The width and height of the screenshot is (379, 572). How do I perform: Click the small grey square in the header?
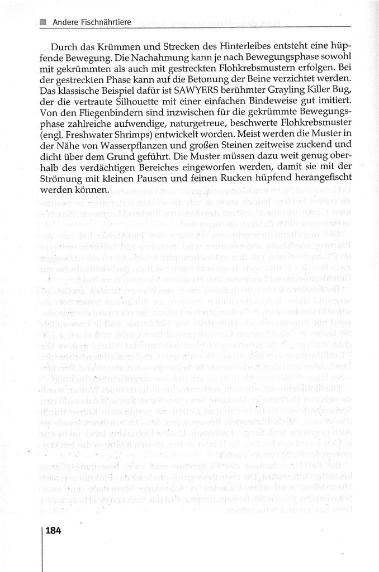[43, 22]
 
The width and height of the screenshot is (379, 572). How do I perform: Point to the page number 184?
[53, 531]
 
